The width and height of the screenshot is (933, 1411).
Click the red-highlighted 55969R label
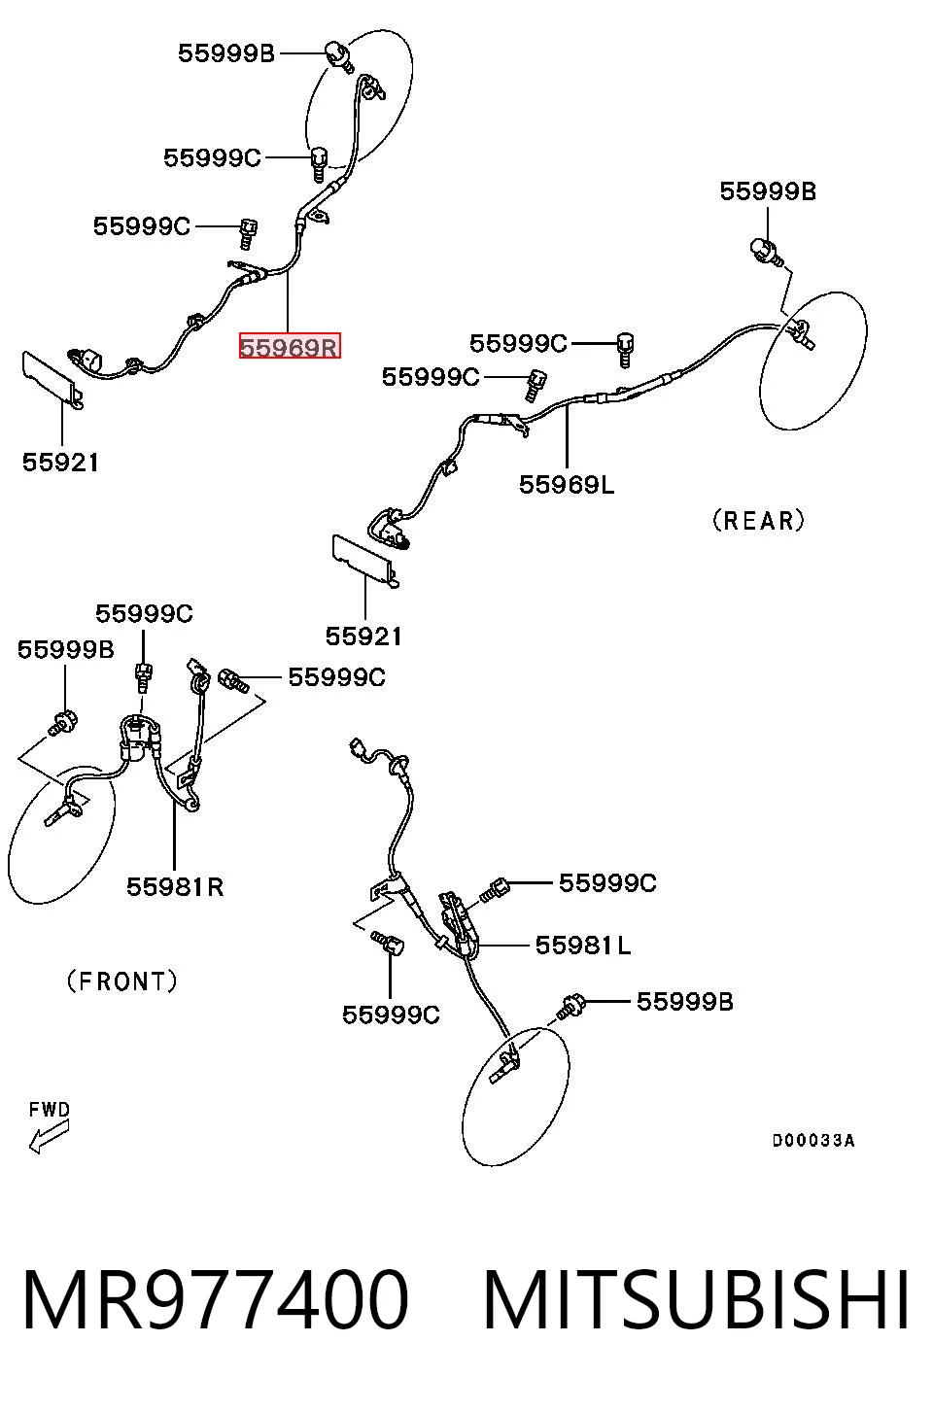(290, 346)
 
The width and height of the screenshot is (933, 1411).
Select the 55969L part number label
(567, 484)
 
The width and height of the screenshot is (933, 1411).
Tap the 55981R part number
(175, 887)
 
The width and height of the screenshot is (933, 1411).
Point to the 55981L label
(583, 945)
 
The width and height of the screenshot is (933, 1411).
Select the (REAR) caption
(758, 520)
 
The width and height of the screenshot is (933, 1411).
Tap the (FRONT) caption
(122, 981)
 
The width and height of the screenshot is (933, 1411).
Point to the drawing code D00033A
(813, 1140)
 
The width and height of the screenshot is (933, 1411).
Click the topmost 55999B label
(226, 52)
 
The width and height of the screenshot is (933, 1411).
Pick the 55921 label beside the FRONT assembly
(363, 637)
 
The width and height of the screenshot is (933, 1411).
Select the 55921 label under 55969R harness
(60, 463)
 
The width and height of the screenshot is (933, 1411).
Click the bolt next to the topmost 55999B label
(339, 55)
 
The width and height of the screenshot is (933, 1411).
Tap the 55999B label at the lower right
(685, 1002)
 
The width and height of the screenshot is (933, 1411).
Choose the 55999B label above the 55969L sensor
(768, 190)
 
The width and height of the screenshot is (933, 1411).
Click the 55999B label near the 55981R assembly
(65, 649)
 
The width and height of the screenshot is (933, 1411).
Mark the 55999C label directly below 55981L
(391, 1015)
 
